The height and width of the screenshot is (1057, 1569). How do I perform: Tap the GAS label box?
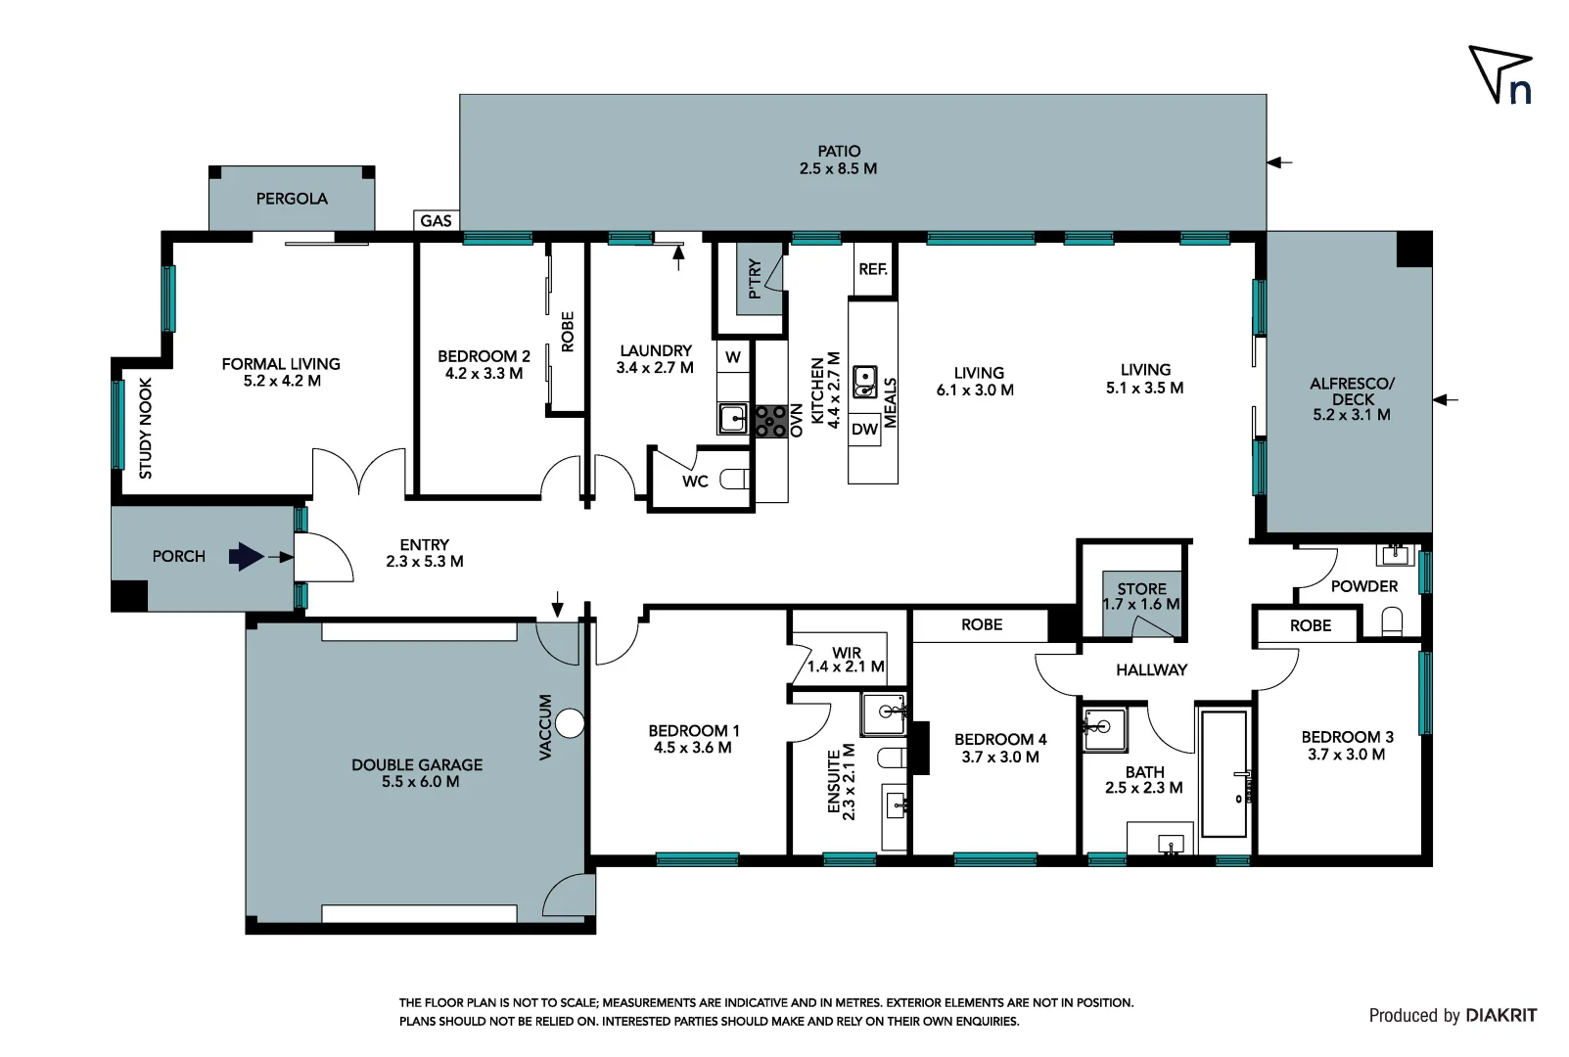coord(436,220)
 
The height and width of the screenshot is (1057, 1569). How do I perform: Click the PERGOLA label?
coord(292,199)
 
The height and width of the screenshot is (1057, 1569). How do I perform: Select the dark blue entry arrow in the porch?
coord(246,557)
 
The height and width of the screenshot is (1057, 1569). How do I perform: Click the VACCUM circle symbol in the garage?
coord(570,724)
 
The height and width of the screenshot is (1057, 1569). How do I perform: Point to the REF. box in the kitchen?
coord(873,269)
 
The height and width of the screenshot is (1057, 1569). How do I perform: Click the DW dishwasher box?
coord(864,429)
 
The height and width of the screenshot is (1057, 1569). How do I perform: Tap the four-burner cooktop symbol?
coord(770,421)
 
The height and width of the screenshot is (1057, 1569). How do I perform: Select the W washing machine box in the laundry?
coord(733,357)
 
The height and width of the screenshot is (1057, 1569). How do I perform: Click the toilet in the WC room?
coord(734,480)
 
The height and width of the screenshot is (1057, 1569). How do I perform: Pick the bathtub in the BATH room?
coord(1223,774)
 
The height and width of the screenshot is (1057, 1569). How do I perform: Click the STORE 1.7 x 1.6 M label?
coord(1141,596)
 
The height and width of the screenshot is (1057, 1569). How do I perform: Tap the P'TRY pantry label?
coord(755,278)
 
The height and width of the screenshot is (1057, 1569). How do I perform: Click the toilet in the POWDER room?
coord(1392,621)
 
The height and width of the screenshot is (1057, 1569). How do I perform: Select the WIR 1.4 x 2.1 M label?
coord(847,660)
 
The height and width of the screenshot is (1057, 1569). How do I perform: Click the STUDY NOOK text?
coord(146,428)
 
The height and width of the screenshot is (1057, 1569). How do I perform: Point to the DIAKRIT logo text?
coord(1500,1015)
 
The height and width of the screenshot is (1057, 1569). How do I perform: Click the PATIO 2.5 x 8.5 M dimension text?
coord(838,168)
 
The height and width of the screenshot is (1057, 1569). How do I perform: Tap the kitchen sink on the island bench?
coord(865,382)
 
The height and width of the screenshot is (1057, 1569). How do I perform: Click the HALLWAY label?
coord(1151,670)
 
